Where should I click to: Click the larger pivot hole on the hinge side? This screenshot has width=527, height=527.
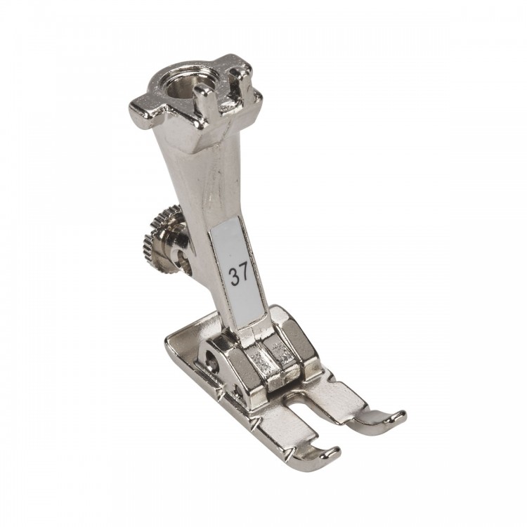pos(212,357)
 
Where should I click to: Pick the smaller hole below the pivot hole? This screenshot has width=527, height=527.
pos(238,391)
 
